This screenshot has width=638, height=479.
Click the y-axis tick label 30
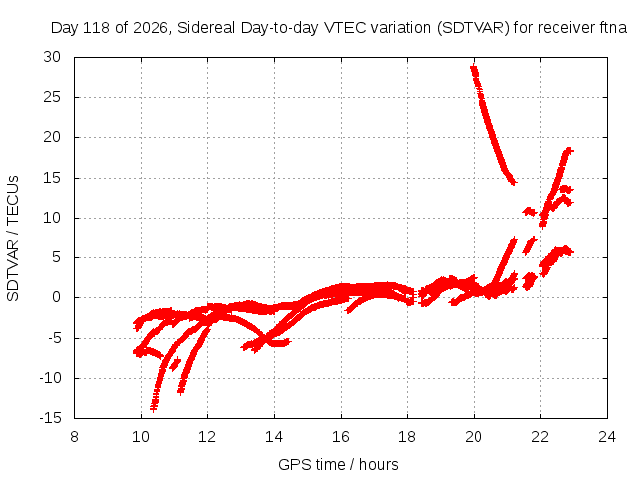(52, 57)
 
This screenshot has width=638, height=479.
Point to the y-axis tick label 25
(52, 97)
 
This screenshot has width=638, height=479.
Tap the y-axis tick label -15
(50, 418)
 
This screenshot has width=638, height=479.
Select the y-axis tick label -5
(54, 338)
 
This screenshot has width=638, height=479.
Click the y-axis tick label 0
(56, 297)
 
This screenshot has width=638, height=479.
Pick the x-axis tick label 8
(74, 437)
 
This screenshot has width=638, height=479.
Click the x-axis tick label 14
(274, 437)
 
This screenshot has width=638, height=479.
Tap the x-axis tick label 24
(607, 437)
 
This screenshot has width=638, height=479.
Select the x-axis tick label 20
(474, 437)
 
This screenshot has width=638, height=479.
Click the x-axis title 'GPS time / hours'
(338, 465)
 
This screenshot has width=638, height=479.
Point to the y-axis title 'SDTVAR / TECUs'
(13, 239)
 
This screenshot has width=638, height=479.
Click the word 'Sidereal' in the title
(206, 28)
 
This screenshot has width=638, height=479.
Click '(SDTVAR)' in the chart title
(473, 28)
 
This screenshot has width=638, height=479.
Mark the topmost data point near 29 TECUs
(473, 68)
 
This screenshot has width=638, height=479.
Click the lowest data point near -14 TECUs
(153, 408)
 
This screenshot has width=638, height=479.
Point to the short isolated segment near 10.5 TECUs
(530, 212)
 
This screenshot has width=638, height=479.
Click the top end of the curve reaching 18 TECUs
(569, 151)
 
